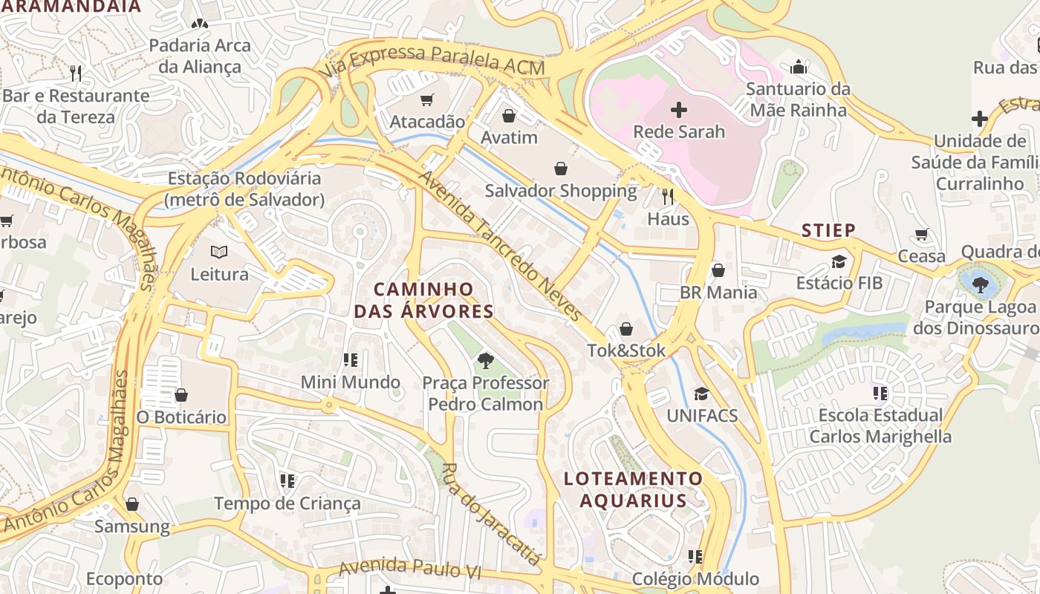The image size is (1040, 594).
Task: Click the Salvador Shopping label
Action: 561,191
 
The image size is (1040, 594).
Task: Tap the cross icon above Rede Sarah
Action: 678,111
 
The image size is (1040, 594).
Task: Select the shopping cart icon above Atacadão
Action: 427,99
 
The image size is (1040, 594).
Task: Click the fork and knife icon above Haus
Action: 668,196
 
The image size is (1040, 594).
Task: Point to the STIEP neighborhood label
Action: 828,230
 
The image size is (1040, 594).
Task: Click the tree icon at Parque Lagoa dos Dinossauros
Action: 980,283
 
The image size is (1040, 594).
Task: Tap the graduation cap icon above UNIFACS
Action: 701,394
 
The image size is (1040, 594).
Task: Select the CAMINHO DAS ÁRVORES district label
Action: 423,300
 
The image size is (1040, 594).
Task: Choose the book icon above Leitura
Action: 219,252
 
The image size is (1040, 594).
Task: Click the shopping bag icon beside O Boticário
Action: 181,395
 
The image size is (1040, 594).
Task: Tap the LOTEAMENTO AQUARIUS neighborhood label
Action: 633,489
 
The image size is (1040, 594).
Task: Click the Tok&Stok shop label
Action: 626,350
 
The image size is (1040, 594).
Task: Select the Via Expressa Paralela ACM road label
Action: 435,61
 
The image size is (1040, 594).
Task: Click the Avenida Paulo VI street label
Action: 410,569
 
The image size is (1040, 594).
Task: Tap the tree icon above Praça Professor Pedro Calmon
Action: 486,361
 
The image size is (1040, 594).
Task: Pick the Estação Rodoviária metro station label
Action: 245,189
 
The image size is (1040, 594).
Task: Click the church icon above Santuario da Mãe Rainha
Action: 799,68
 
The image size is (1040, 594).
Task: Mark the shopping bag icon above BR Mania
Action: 718,270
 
